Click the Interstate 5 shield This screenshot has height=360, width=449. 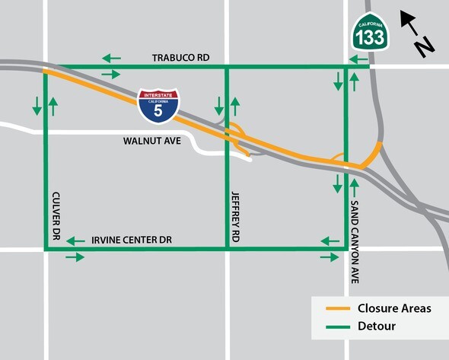(158, 107)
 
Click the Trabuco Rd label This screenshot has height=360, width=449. (180, 58)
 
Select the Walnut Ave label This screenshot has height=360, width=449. (151, 141)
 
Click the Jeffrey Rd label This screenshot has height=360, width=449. (236, 217)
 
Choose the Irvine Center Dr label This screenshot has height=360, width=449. (132, 240)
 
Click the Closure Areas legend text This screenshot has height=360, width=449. (394, 308)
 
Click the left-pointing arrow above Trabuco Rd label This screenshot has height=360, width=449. (112, 58)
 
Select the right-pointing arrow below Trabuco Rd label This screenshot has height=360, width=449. (111, 74)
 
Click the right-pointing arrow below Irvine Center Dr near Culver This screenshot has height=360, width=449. (75, 257)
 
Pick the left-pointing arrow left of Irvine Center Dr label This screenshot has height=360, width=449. (75, 241)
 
